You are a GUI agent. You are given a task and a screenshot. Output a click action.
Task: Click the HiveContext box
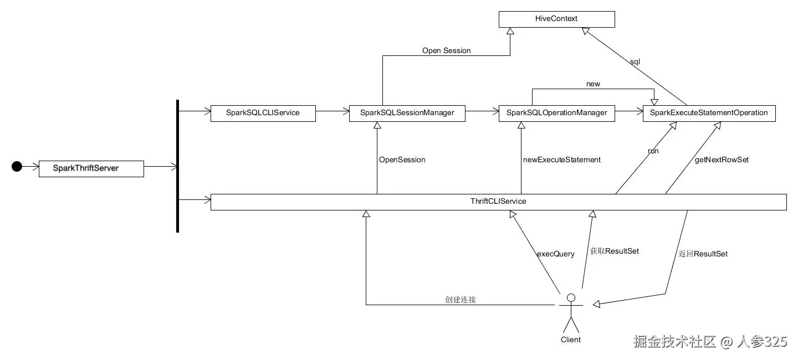pyautogui.click(x=556, y=19)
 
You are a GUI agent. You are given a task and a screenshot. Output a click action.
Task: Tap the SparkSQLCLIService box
pyautogui.click(x=263, y=113)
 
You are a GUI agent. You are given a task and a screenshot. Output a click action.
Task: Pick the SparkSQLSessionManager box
pyautogui.click(x=407, y=113)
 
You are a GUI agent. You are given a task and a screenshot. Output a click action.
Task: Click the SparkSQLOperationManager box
pyautogui.click(x=556, y=113)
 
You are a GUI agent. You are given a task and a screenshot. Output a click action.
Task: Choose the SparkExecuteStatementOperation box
pyautogui.click(x=709, y=113)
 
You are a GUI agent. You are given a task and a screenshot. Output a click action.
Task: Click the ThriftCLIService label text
pyautogui.click(x=498, y=202)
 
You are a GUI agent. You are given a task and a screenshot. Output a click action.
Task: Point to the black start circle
pyautogui.click(x=17, y=166)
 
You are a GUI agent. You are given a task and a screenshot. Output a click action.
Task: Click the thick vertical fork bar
pyautogui.click(x=177, y=166)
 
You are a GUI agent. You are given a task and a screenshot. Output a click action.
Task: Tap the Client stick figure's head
pyautogui.click(x=571, y=298)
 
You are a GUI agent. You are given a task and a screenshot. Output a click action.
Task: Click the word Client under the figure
pyautogui.click(x=571, y=340)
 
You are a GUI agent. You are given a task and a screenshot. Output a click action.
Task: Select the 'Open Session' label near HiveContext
pyautogui.click(x=446, y=51)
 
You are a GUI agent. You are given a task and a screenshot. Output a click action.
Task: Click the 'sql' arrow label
pyautogui.click(x=635, y=62)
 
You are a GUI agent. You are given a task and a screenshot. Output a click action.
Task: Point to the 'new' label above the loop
pyautogui.click(x=593, y=84)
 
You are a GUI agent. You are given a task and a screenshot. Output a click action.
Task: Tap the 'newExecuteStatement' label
pyautogui.click(x=561, y=160)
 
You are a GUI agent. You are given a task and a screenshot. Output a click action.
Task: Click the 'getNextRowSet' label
pyautogui.click(x=722, y=160)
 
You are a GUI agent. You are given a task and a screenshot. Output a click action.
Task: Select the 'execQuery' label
pyautogui.click(x=555, y=254)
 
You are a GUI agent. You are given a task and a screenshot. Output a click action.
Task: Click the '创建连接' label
pyautogui.click(x=461, y=300)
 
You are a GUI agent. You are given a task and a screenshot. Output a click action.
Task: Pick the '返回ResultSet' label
pyautogui.click(x=703, y=254)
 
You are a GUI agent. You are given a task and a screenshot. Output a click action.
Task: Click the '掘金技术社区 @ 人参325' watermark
pyautogui.click(x=710, y=342)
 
